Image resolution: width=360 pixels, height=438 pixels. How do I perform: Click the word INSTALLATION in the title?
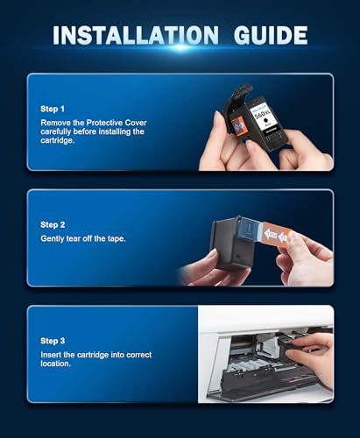pos(136,35)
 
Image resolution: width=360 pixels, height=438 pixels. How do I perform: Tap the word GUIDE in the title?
pos(271,35)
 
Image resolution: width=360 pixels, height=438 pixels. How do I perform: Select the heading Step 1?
pos(53,109)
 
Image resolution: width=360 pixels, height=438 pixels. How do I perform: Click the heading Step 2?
pos(53,225)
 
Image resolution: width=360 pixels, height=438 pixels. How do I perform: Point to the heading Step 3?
pos(53,341)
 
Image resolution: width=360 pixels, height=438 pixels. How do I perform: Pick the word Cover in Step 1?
pos(136,123)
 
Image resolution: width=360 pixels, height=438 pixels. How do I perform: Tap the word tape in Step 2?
pos(116,239)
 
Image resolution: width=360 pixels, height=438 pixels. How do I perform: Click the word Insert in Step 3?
pos(51,355)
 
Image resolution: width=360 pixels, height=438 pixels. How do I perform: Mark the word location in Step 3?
pos(55,364)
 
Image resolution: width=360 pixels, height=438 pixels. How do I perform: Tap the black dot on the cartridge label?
pos(266,120)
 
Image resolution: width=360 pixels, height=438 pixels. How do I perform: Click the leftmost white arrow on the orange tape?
pos(271,234)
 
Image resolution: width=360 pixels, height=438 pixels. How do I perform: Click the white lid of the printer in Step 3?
pos(265,318)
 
